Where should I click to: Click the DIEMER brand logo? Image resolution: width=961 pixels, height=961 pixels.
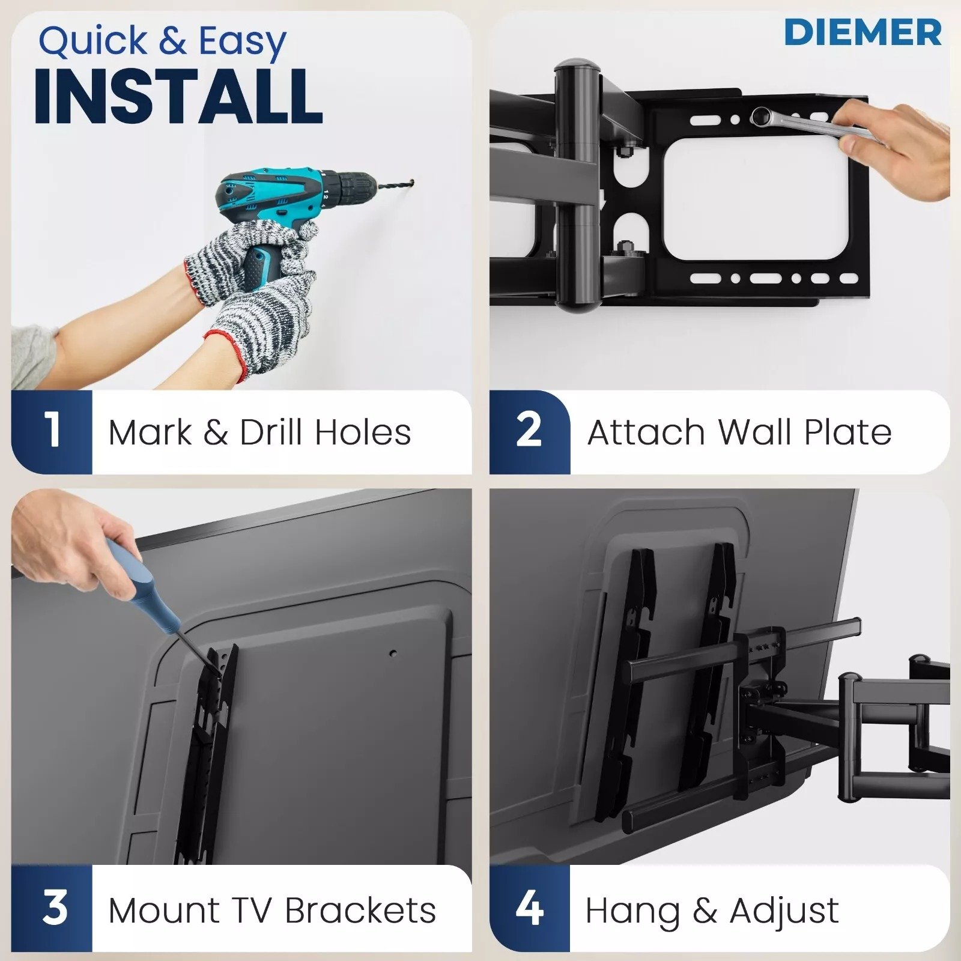tap(862, 32)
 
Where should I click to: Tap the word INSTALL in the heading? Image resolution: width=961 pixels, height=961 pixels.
tap(178, 96)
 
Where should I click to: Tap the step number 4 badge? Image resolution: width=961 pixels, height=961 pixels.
tap(529, 907)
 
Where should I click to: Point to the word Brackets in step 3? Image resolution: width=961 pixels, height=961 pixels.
tap(360, 910)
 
